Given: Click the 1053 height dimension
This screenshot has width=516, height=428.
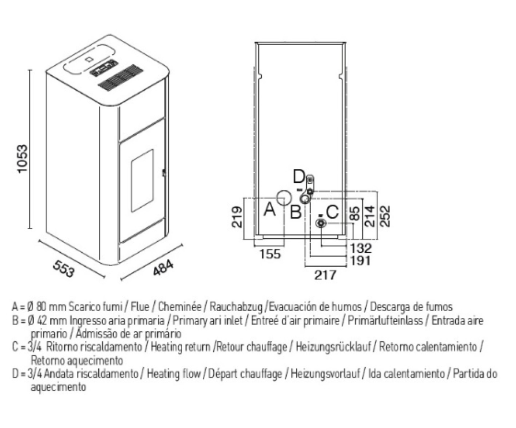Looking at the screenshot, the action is pyautogui.click(x=22, y=158).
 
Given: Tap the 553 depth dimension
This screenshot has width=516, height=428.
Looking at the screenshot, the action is pyautogui.click(x=64, y=268).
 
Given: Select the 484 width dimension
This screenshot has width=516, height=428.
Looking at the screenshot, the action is pyautogui.click(x=163, y=267).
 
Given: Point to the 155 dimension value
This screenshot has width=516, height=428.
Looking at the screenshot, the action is pyautogui.click(x=270, y=254).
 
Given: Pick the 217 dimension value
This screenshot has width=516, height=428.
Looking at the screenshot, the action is pyautogui.click(x=325, y=275).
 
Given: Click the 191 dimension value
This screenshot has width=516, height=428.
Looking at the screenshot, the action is pyautogui.click(x=361, y=260).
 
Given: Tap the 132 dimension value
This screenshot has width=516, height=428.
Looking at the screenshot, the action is pyautogui.click(x=361, y=248).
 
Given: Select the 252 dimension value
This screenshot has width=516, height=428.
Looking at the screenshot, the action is pyautogui.click(x=385, y=216).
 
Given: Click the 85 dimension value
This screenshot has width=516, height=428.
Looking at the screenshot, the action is pyautogui.click(x=355, y=213).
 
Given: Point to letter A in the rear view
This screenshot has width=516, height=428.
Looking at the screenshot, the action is pyautogui.click(x=269, y=209).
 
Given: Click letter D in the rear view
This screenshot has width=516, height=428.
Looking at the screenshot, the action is pyautogui.click(x=299, y=176).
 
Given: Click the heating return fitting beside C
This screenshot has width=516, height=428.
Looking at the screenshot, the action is pyautogui.click(x=320, y=223).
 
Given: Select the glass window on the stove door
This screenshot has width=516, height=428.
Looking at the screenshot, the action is pyautogui.click(x=143, y=180).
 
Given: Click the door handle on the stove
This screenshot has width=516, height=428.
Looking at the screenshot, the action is pyautogui.click(x=164, y=173).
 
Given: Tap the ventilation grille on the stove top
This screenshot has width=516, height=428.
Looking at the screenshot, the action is pyautogui.click(x=120, y=78).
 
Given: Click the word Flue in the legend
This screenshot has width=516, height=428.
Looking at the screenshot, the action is pyautogui.click(x=140, y=307).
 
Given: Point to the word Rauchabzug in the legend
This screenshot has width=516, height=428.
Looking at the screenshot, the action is pyautogui.click(x=236, y=307).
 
